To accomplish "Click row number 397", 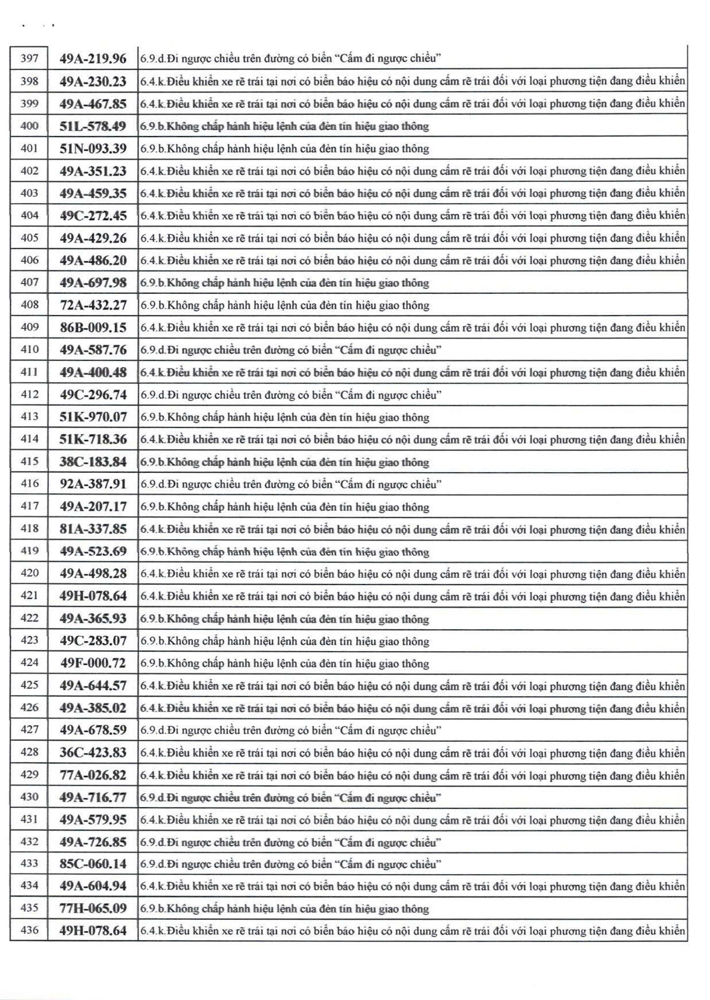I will [x=29, y=59].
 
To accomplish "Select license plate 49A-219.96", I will [x=93, y=59].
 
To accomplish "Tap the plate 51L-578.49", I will [x=93, y=126].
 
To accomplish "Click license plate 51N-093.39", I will [x=93, y=148].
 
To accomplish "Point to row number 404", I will [x=29, y=215].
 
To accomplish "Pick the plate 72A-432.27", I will [x=93, y=305].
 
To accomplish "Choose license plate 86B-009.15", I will [x=93, y=327].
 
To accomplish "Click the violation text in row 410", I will [x=291, y=350].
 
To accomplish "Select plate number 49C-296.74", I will [x=93, y=395].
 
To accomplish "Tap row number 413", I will [x=29, y=416].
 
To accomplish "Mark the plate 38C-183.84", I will [x=93, y=462].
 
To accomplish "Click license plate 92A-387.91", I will [x=93, y=484].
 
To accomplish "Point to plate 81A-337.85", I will [x=93, y=529].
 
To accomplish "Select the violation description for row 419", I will [x=285, y=552].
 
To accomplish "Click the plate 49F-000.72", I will [x=93, y=663].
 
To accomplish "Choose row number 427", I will [x=29, y=729].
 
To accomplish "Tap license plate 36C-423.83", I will [x=93, y=752].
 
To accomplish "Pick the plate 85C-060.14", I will [x=93, y=863].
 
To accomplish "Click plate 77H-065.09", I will [x=93, y=908].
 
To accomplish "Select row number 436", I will [x=29, y=930].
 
